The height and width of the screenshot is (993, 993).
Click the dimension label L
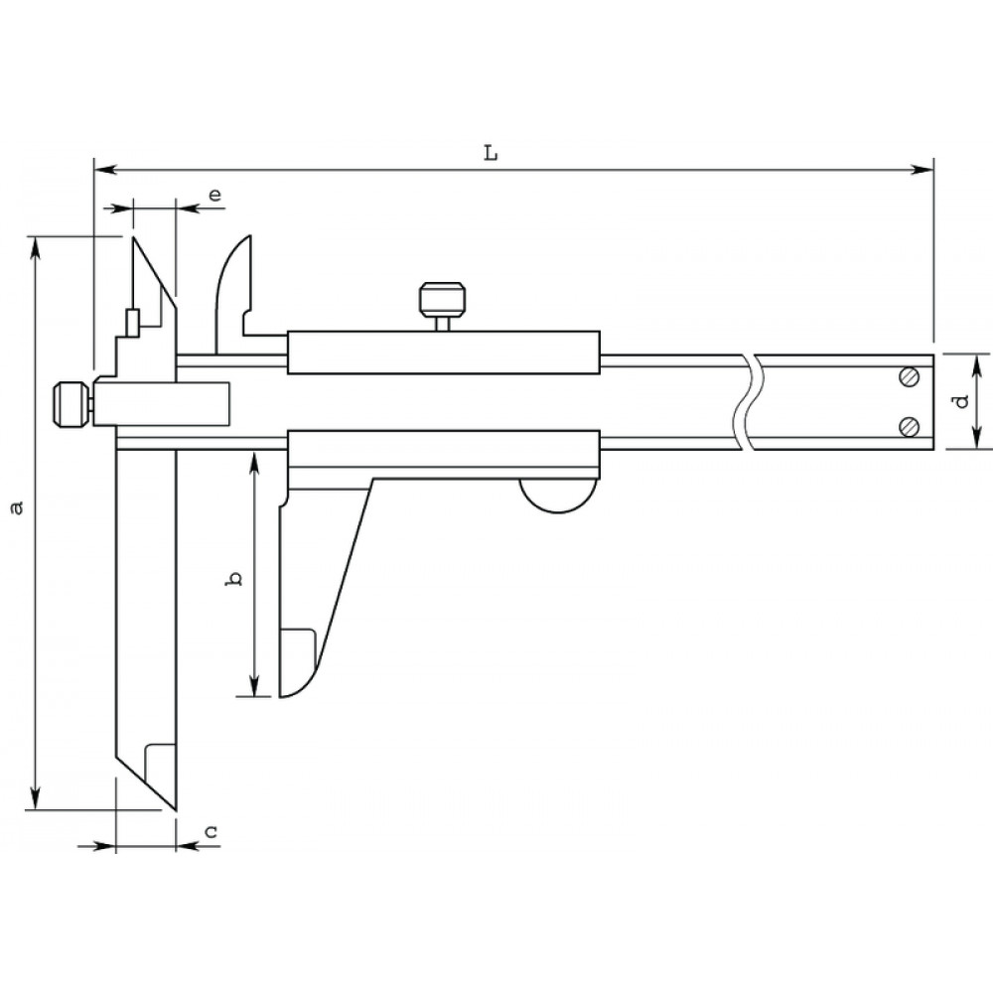pyautogui.click(x=492, y=153)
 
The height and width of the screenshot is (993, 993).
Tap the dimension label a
pyautogui.click(x=17, y=507)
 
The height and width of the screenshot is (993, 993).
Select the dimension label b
pyautogui.click(x=235, y=578)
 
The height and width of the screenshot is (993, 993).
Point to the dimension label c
pyautogui.click(x=212, y=831)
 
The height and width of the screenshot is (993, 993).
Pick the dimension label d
pyautogui.click(x=962, y=401)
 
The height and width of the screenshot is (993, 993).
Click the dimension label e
pyautogui.click(x=215, y=194)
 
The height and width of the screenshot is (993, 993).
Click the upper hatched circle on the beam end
pyautogui.click(x=909, y=376)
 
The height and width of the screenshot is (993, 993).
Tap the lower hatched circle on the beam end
pyautogui.click(x=909, y=427)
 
